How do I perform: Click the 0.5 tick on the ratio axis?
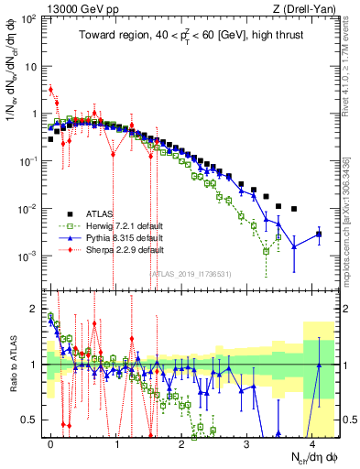tap(34, 420)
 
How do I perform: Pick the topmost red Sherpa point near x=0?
tap(51, 90)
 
